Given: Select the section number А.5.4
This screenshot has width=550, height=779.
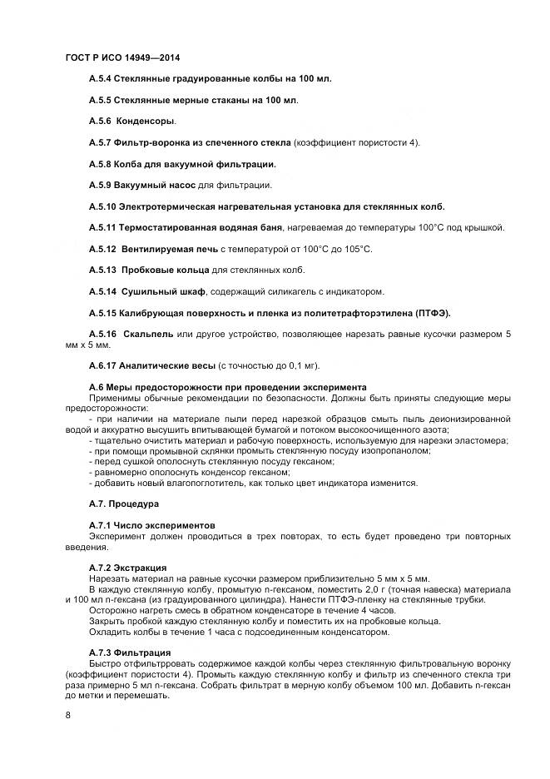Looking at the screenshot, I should pyautogui.click(x=102, y=78).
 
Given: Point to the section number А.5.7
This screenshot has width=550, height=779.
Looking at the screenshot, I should pyautogui.click(x=102, y=142).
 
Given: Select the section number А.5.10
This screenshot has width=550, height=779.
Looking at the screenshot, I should pyautogui.click(x=103, y=206).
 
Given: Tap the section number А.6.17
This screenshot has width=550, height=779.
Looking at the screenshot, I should pyautogui.click(x=103, y=365).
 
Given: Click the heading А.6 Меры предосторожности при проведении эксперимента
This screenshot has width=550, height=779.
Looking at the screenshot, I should pyautogui.click(x=227, y=387).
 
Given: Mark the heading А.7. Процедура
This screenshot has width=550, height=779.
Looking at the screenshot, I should pyautogui.click(x=123, y=504).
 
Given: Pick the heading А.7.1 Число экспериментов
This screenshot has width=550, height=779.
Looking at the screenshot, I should pyautogui.click(x=151, y=525).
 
